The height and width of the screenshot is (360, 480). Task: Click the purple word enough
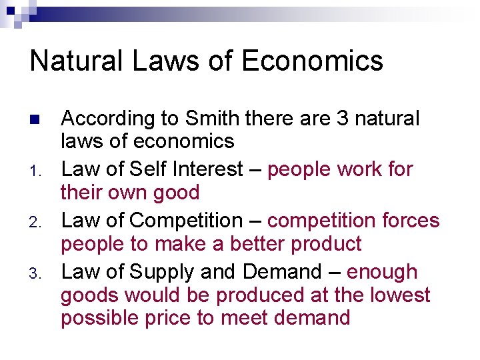point(383,272)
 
